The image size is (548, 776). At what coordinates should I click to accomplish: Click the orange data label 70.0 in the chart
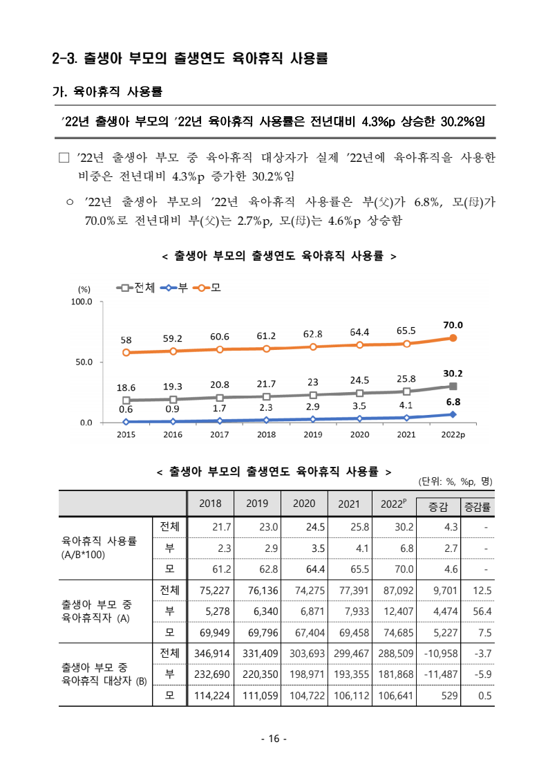[453, 325]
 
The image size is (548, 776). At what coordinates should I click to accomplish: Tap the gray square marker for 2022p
[453, 387]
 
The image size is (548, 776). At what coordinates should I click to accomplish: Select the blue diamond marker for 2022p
[453, 414]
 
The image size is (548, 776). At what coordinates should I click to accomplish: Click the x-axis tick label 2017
[219, 435]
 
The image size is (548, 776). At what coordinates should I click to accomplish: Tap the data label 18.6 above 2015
[126, 387]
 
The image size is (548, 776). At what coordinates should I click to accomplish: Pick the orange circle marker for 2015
[126, 353]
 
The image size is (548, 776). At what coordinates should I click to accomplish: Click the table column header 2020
[304, 504]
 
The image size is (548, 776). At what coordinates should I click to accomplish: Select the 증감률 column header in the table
[478, 507]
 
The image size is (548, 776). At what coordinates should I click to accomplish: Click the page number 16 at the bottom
[274, 739]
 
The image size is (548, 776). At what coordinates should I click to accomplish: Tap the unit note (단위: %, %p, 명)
[455, 481]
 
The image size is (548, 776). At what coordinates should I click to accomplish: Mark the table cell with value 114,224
[210, 695]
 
